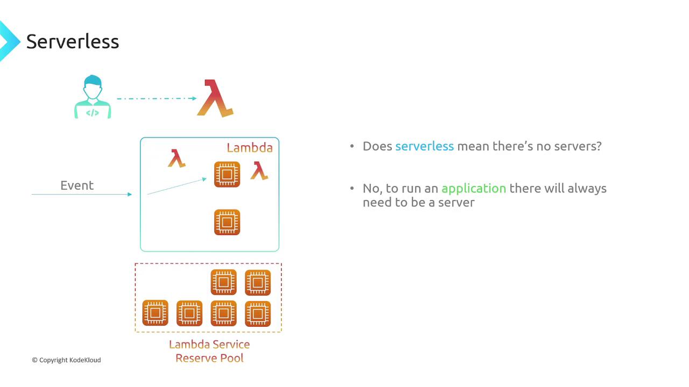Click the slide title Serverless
click(73, 41)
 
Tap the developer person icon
click(92, 97)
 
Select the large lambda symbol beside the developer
click(215, 98)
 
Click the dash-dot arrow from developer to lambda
click(156, 98)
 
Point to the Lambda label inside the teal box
click(249, 148)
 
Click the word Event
click(77, 185)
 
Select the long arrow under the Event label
click(81, 194)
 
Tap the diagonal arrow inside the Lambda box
click(177, 186)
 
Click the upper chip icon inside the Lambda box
click(227, 174)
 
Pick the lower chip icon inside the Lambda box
click(227, 222)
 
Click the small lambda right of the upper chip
click(259, 170)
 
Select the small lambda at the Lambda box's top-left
click(177, 159)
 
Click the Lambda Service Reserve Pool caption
click(209, 351)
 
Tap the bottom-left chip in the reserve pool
click(155, 313)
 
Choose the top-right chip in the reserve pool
click(258, 282)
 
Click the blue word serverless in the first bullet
click(424, 146)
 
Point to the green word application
click(474, 189)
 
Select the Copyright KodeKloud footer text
click(66, 360)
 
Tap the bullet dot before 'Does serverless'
click(352, 146)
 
